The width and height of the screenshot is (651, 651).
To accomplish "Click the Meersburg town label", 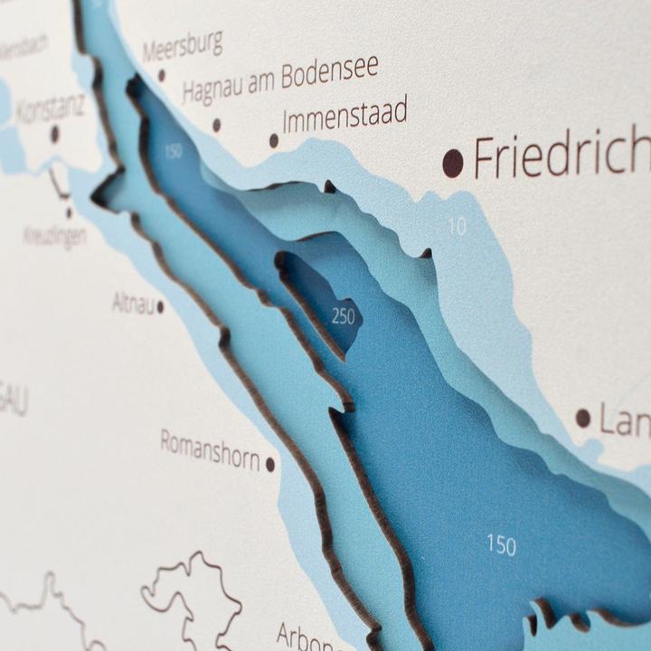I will coord(182,46).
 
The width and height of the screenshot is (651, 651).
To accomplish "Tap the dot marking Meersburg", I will coord(162,76).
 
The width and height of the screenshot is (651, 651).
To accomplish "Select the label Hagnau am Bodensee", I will coord(279,80).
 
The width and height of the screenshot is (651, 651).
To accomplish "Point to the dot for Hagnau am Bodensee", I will coord(216,125).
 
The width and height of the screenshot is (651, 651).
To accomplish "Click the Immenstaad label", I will coord(344,115).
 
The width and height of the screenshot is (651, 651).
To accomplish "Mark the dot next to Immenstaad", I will coord(274,140).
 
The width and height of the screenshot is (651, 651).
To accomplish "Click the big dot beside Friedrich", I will coord(453,164).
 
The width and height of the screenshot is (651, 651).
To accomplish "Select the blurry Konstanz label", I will coord(50,108).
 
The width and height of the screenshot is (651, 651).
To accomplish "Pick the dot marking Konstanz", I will coord(54,135).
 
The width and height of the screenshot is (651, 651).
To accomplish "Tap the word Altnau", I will coord(132,303).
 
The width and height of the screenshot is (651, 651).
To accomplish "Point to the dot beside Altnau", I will coord(160,307).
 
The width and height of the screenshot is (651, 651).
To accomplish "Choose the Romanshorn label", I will coord(210,448).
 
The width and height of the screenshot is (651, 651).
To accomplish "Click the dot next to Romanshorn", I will coord(270,464).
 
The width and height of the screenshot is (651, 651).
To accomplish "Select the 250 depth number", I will coord(344,316).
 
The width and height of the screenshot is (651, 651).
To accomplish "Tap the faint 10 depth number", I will coord(458,226).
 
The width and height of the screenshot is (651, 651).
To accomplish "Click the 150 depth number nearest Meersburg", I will coord(173,151).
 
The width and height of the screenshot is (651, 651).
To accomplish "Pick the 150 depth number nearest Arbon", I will coord(502,544).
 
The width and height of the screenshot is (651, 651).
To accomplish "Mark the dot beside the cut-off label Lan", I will coord(583,418).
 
